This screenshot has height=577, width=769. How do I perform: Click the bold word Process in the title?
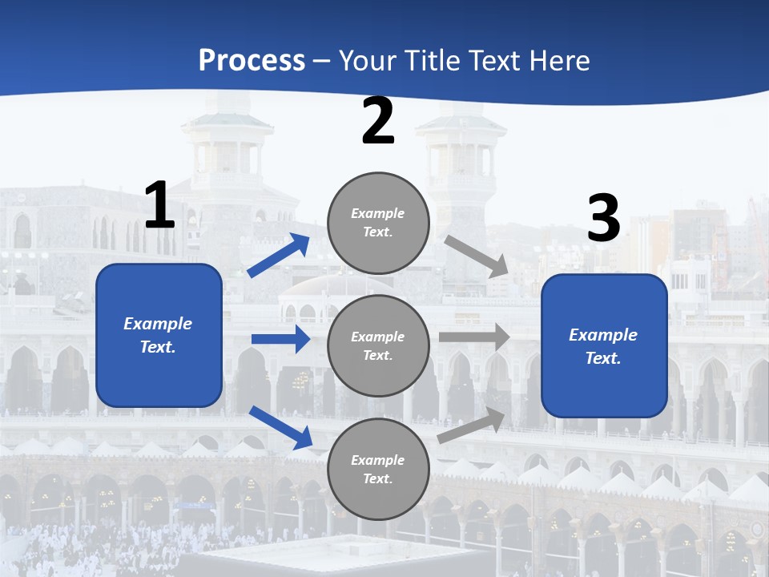(x=252, y=61)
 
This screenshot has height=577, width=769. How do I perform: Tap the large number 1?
(x=159, y=206)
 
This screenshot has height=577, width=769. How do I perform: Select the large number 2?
(x=378, y=122)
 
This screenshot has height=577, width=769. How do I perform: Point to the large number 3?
(x=604, y=219)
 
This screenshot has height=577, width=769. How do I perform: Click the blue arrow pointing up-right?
(x=279, y=256)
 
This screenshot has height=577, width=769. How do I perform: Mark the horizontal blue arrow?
(x=280, y=339)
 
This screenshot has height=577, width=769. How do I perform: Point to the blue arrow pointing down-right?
(x=280, y=427)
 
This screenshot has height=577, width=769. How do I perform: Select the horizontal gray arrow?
(x=474, y=337)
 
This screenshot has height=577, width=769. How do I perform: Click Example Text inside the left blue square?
(x=158, y=335)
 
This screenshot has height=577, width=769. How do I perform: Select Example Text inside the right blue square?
(x=603, y=346)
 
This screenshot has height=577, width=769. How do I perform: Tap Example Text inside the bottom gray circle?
(x=377, y=470)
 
